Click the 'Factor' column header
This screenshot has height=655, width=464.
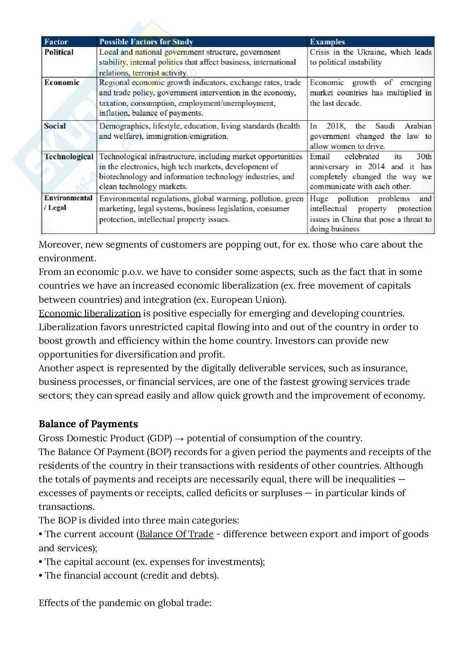point(56,42)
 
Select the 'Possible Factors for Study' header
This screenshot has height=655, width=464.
point(146,42)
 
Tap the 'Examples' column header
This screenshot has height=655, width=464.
point(327,42)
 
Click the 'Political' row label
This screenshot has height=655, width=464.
point(59,52)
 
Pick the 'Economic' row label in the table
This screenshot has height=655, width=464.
point(62,83)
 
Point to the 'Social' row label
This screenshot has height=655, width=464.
point(55,126)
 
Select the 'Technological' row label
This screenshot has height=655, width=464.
point(69,157)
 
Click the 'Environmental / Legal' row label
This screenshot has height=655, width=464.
point(68,203)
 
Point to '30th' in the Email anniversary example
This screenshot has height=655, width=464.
point(424,157)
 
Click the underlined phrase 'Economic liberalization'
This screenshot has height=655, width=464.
point(90,313)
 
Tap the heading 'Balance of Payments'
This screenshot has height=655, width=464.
point(88,424)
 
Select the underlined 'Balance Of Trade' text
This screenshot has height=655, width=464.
point(176,534)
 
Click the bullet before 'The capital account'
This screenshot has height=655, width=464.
point(41,562)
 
